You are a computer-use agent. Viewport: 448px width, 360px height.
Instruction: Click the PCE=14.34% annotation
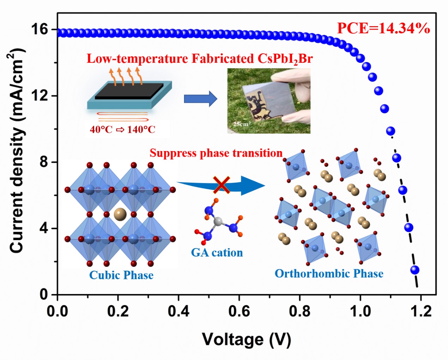tap(383, 28)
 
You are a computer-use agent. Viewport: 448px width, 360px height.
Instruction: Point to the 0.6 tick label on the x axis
tap(239, 312)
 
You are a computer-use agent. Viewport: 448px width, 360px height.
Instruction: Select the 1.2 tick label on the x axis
tap(421, 312)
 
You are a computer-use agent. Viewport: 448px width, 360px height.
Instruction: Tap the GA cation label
tap(217, 253)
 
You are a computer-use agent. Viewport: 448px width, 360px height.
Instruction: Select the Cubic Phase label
tap(121, 275)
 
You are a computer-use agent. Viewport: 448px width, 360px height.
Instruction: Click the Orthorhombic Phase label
tap(329, 274)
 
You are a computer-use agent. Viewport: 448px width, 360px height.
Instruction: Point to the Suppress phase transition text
tap(216, 153)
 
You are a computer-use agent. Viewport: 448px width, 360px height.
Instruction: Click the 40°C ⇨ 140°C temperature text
tap(123, 130)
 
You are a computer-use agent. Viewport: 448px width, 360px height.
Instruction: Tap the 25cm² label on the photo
tap(241, 124)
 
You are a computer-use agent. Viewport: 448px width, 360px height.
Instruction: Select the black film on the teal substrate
tap(129, 91)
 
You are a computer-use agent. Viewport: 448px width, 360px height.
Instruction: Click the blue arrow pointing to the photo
tap(200, 99)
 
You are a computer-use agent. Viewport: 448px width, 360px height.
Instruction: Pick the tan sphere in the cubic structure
tap(120, 214)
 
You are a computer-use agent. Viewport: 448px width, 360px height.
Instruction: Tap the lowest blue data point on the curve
tap(415, 270)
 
